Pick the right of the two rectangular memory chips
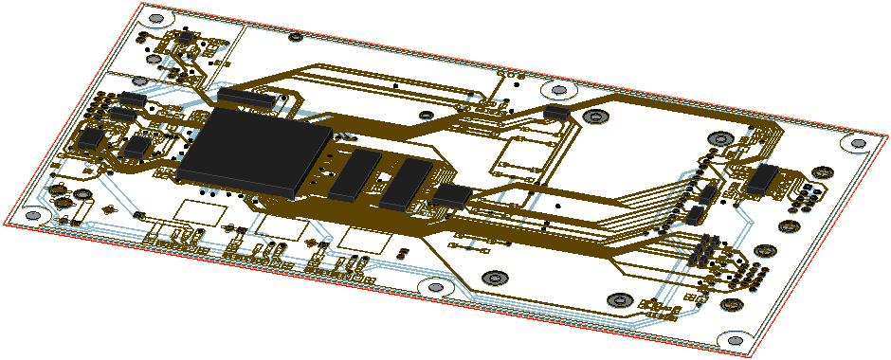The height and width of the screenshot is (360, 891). point(405,184)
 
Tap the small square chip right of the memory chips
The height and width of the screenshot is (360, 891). point(453,195)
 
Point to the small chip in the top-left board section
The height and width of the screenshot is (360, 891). point(187,36)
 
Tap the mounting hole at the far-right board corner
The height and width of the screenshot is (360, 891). point(856,143)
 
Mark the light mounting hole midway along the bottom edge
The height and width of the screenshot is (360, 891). point(435,286)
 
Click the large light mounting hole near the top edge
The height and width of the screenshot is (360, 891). point(557,90)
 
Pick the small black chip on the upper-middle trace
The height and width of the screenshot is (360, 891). point(557,113)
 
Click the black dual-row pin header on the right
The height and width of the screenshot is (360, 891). point(703,251)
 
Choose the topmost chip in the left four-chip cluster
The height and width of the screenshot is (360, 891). point(133,99)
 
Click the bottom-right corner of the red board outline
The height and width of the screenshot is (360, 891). point(749,356)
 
